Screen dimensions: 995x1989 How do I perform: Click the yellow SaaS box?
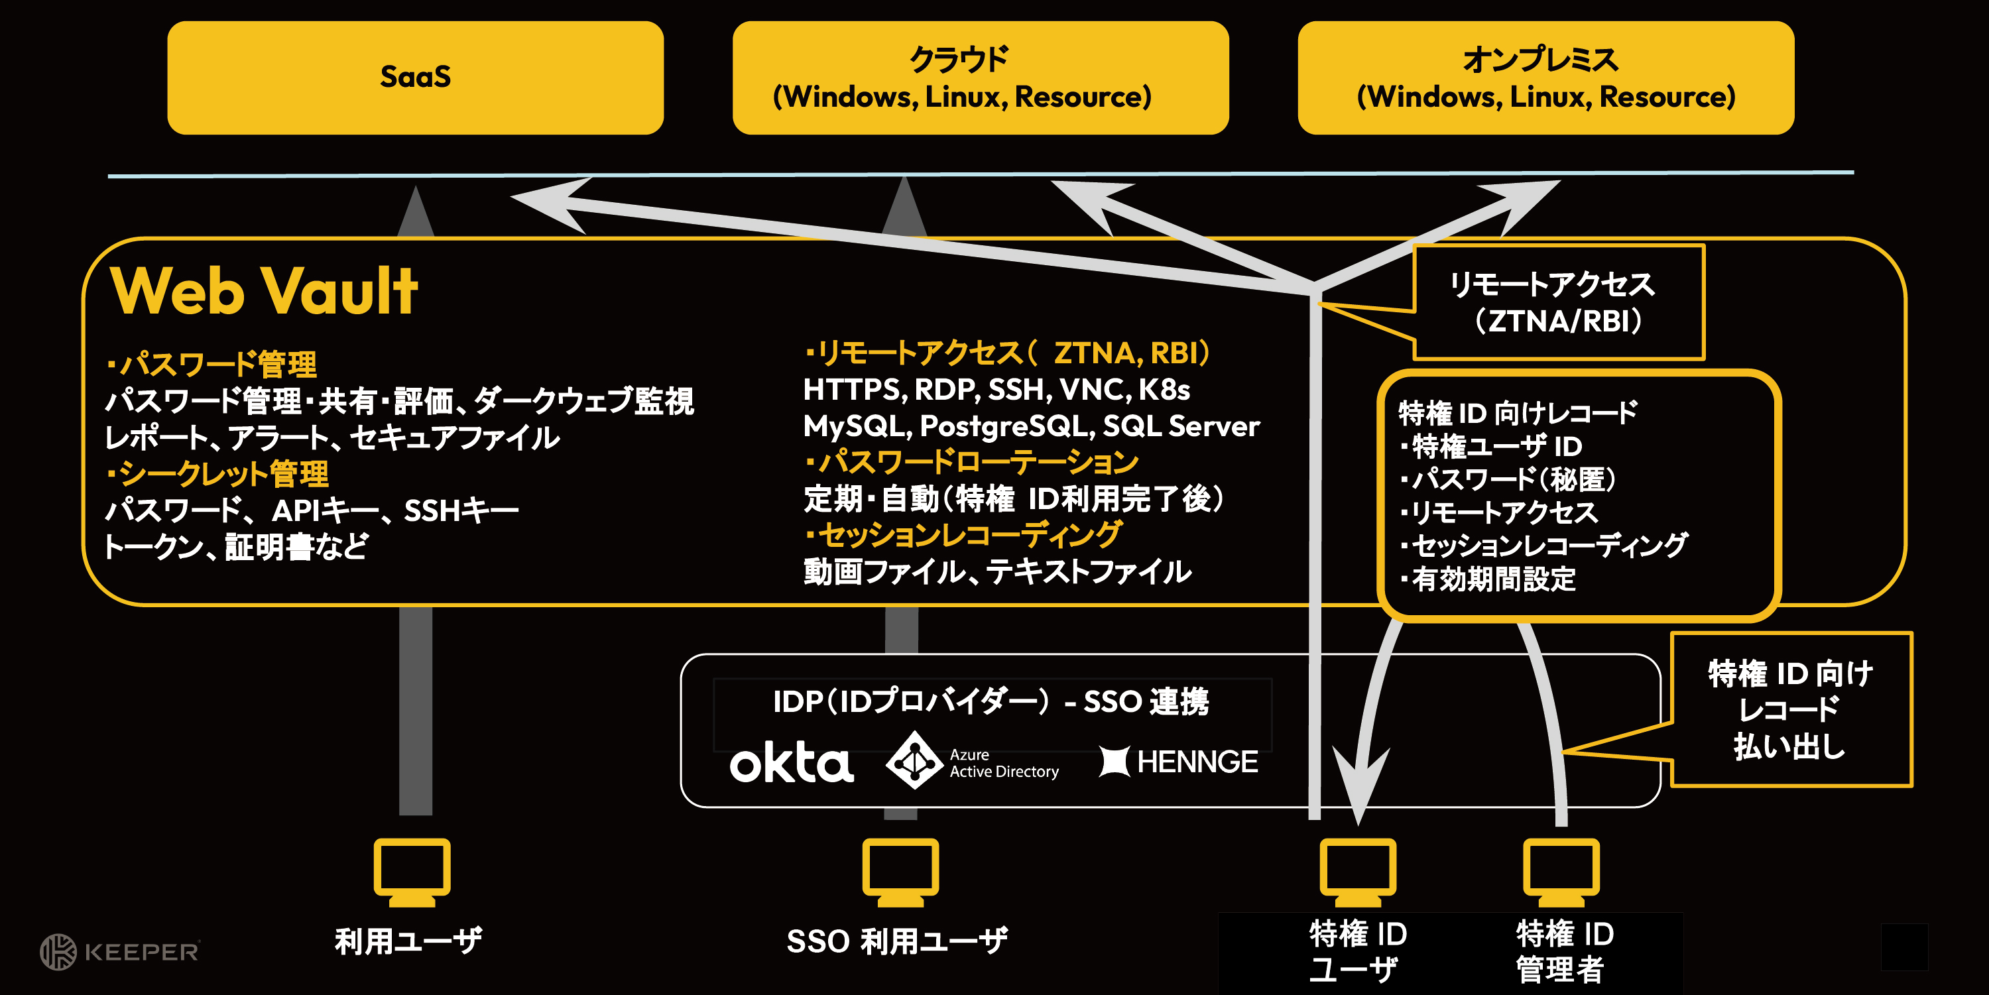(416, 77)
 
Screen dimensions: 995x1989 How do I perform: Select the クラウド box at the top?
(980, 77)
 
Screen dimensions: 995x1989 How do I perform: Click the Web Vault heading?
(264, 292)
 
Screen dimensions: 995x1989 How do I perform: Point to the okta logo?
(792, 762)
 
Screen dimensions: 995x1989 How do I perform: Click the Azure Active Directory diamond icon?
(914, 761)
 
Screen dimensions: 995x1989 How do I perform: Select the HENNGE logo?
(1178, 762)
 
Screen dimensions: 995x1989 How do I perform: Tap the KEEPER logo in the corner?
(121, 951)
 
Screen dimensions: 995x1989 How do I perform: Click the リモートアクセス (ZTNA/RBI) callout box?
(1558, 302)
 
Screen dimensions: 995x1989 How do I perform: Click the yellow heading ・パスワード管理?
(212, 365)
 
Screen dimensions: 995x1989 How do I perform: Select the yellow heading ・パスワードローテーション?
(972, 463)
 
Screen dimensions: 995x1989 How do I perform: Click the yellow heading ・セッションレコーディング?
(963, 535)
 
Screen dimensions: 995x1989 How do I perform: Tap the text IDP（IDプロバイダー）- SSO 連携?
(991, 702)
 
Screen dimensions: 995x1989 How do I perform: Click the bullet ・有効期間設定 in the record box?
(1488, 579)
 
